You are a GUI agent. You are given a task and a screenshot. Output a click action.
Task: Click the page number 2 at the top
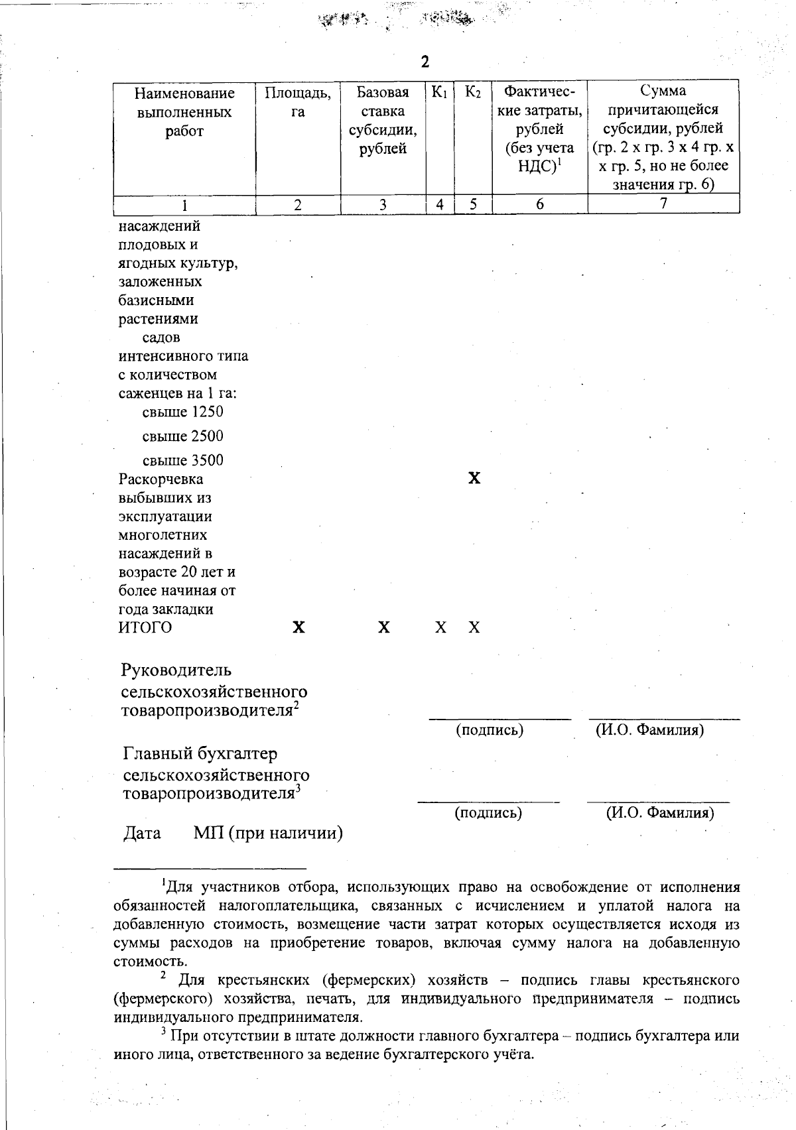(x=425, y=62)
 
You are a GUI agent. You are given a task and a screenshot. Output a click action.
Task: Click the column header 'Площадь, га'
(x=298, y=102)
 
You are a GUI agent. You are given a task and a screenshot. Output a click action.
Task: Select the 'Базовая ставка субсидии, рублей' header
(x=383, y=120)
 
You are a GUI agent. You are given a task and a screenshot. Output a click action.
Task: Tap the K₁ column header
(x=439, y=92)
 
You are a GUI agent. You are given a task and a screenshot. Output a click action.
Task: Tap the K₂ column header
(x=473, y=92)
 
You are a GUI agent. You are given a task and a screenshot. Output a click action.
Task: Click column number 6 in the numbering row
(x=540, y=204)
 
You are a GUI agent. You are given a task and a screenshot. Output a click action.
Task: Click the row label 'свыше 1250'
(x=183, y=412)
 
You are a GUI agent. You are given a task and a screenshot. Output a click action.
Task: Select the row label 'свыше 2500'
(x=183, y=436)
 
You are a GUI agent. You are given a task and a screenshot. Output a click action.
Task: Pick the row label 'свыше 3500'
(x=183, y=460)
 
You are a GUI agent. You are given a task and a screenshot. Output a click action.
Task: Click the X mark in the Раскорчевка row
(x=474, y=479)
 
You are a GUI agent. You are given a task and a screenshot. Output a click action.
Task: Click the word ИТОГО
(x=145, y=628)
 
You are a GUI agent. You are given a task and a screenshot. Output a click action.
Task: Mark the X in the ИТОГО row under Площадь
(x=299, y=628)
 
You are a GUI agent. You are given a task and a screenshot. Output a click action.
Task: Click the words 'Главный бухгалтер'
(x=200, y=754)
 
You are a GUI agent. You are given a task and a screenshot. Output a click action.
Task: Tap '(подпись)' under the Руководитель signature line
(x=490, y=731)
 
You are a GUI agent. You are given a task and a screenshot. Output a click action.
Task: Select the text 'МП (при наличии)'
(x=268, y=834)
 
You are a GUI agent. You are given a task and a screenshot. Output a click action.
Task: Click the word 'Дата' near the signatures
(x=143, y=834)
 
